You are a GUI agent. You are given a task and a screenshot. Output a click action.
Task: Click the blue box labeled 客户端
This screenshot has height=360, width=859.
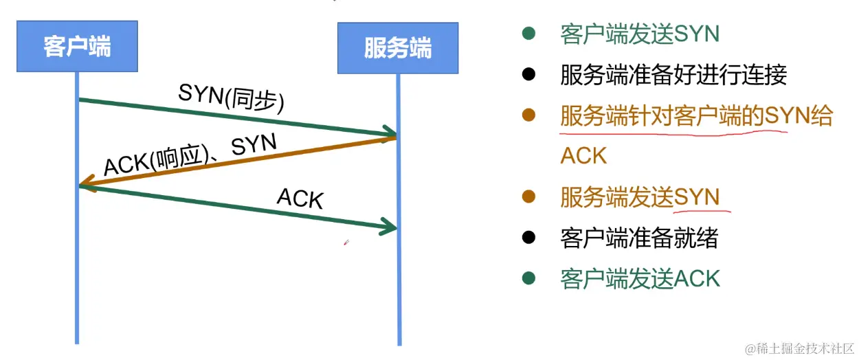click(76, 47)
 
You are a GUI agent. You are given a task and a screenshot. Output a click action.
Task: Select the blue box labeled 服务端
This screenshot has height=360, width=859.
click(397, 49)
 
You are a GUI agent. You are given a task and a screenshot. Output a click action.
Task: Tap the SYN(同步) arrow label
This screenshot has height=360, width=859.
click(231, 98)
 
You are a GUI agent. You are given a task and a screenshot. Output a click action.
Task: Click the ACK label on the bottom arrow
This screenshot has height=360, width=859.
click(300, 199)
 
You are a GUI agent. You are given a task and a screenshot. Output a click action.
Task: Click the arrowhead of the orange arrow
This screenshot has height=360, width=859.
click(85, 184)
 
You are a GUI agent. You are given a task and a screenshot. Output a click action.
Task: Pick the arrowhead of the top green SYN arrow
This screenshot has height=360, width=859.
click(390, 133)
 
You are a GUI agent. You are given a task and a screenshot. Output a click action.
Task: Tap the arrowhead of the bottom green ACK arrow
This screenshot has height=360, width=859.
click(390, 226)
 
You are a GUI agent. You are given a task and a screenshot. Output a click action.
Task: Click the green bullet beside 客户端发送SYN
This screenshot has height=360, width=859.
click(528, 33)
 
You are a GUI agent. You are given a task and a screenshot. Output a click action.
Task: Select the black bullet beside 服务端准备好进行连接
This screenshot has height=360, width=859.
click(528, 74)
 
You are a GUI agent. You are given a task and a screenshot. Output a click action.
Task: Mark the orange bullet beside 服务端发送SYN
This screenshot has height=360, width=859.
click(528, 197)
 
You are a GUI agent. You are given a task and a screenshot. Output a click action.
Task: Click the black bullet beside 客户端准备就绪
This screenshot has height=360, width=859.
click(528, 238)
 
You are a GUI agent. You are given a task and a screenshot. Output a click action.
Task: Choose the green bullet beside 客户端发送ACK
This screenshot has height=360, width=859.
click(528, 278)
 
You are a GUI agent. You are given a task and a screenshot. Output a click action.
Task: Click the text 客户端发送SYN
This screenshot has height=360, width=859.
click(629, 34)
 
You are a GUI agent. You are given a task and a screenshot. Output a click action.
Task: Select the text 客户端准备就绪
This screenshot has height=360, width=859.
click(639, 238)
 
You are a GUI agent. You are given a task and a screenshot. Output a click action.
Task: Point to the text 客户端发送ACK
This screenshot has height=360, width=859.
click(640, 279)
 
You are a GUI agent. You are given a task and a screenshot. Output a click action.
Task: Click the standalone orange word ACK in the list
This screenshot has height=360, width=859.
click(583, 156)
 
